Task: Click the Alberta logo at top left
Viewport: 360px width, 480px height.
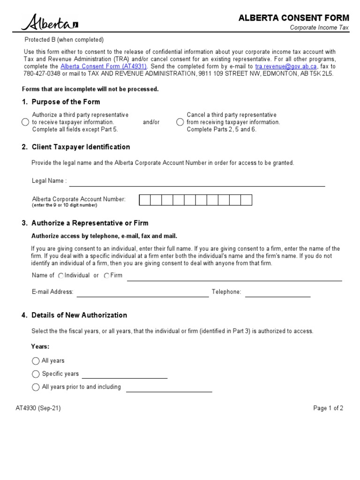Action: pos(49,22)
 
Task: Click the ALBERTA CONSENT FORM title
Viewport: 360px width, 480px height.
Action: pos(294,18)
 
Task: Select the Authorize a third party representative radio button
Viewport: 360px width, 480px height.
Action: pos(25,122)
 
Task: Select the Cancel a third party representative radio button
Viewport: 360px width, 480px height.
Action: pos(180,122)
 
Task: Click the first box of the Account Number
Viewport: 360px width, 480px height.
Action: pos(145,200)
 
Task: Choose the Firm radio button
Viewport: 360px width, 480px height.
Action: pos(107,276)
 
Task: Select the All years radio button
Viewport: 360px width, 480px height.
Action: pos(36,361)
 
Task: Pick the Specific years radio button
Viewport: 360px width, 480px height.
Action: pos(36,374)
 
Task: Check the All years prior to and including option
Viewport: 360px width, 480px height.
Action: pos(36,387)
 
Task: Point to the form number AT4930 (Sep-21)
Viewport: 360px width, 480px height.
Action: pos(38,408)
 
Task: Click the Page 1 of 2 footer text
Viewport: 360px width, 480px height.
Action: pos(328,408)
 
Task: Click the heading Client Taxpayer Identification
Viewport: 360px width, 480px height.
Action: pos(81,147)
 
